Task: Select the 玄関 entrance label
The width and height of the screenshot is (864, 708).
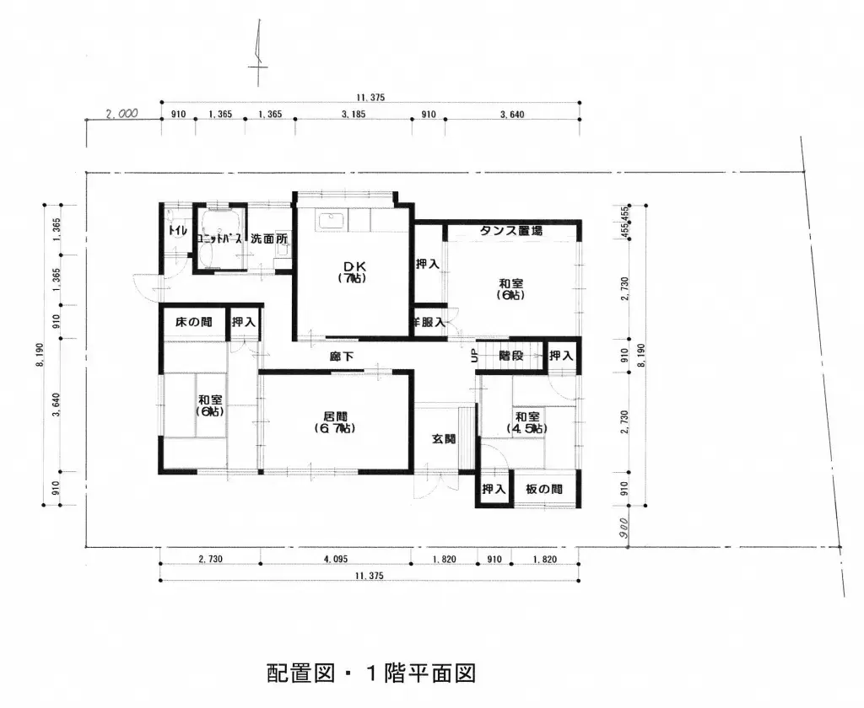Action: pos(444,438)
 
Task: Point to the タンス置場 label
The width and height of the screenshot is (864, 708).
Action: pos(511,230)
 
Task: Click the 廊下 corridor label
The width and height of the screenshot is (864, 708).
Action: pos(342,357)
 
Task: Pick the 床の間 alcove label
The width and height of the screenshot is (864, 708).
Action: pos(194,322)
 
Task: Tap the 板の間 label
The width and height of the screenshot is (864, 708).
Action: pos(543,489)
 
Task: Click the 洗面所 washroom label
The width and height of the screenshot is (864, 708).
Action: pos(268,239)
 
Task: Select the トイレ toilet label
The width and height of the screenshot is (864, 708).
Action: pos(177,231)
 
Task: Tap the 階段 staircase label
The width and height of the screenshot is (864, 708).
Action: pos(510,356)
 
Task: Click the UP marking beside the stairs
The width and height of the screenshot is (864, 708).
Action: pos(474,357)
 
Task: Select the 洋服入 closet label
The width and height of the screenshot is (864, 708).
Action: pos(428,322)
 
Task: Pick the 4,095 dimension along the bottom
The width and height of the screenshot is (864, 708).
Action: pos(334,560)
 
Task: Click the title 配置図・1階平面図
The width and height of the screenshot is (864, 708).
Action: pos(372,673)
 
